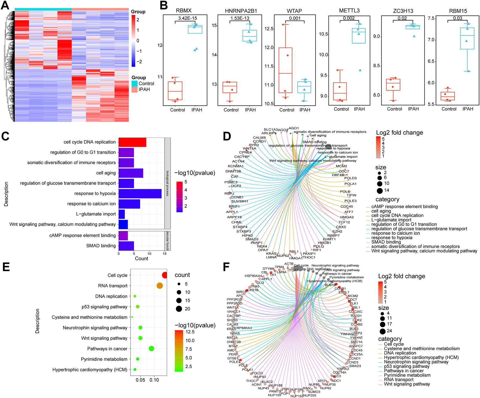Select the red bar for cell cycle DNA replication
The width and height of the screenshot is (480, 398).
pyautogui.click(x=132, y=142)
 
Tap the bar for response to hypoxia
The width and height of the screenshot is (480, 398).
pyautogui.click(x=140, y=193)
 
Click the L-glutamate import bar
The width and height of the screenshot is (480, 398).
pyautogui.click(x=122, y=214)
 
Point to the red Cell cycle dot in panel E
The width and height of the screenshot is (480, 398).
pyautogui.click(x=165, y=275)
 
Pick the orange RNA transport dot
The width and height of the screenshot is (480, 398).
pyautogui.click(x=160, y=286)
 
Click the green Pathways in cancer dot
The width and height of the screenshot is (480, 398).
pyautogui.click(x=151, y=348)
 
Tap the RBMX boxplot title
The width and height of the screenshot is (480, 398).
pyautogui.click(x=184, y=11)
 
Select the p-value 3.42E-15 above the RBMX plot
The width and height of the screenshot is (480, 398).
pyautogui.click(x=187, y=18)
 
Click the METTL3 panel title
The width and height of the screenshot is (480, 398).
pyautogui.click(x=349, y=11)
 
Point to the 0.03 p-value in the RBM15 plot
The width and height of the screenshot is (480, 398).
pyautogui.click(x=457, y=18)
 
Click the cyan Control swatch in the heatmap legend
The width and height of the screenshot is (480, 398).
pyautogui.click(x=135, y=83)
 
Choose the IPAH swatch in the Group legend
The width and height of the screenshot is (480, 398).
pyautogui.click(x=135, y=90)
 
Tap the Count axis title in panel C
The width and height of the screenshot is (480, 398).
pyautogui.click(x=141, y=258)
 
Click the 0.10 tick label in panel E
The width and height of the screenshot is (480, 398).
pyautogui.click(x=154, y=380)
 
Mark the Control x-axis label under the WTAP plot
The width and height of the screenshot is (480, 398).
pyautogui.click(x=287, y=110)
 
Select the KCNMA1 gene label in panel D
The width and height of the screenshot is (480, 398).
pyautogui.click(x=235, y=166)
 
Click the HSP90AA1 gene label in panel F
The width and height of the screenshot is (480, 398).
pyautogui.click(x=253, y=276)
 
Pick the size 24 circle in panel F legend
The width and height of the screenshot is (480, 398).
pyautogui.click(x=382, y=331)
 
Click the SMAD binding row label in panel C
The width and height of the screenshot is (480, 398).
pyautogui.click(x=101, y=246)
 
